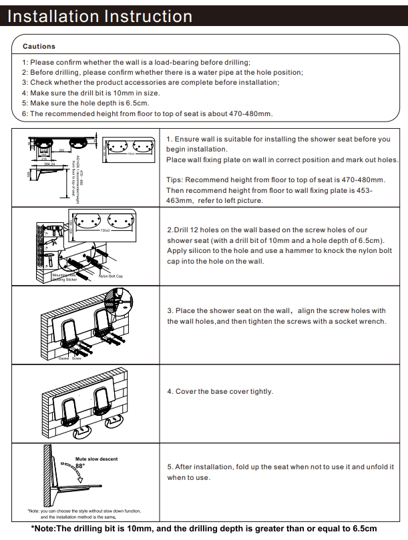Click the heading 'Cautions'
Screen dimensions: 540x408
point(39,47)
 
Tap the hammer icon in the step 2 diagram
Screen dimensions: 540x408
point(50,257)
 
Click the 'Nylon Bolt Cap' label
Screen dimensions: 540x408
point(112,276)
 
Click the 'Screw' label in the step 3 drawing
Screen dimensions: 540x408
point(77,358)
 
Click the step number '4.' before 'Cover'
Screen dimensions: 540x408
point(170,392)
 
